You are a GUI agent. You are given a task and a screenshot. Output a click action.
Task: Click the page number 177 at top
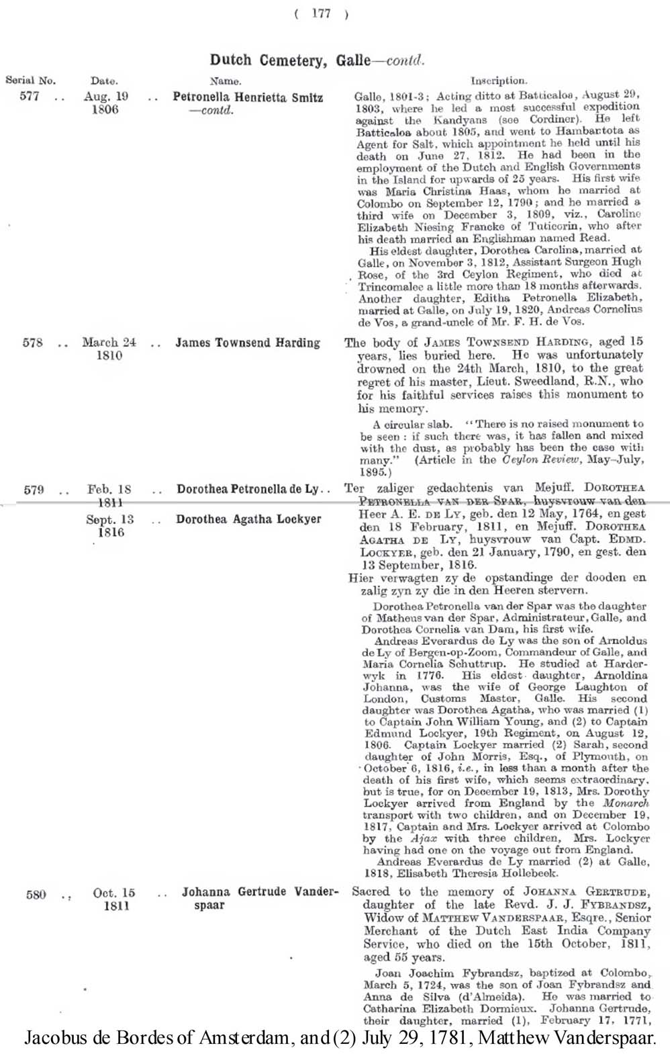(321, 14)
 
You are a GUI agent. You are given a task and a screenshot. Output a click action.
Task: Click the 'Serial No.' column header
(30, 81)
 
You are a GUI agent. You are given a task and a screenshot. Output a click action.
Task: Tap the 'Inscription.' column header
(499, 81)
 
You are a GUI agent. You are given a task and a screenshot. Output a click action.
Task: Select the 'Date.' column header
(104, 81)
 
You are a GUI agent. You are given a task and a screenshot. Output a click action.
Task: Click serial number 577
(30, 96)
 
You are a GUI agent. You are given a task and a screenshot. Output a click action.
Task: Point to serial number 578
(32, 343)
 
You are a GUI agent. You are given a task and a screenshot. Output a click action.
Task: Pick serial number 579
(34, 490)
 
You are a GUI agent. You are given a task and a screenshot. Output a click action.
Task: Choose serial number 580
(36, 894)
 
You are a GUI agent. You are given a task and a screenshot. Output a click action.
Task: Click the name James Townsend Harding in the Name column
(248, 343)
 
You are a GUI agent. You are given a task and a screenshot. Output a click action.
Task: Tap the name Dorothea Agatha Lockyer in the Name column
(248, 519)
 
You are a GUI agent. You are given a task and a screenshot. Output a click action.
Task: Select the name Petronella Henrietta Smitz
(248, 97)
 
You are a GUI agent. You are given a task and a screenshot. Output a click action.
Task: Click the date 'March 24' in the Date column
(109, 343)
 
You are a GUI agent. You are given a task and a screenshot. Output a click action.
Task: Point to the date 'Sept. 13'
(109, 519)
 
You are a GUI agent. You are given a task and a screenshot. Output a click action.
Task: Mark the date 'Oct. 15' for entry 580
(113, 893)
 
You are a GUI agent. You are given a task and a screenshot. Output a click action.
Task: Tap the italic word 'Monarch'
(626, 803)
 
